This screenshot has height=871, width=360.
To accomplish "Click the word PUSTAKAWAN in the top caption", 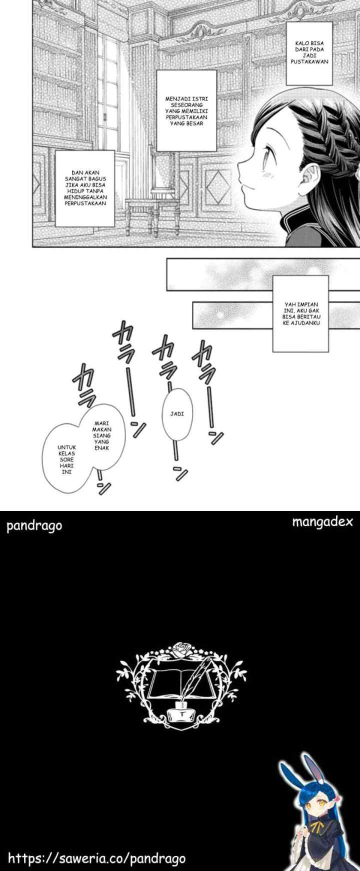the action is tap(309, 62).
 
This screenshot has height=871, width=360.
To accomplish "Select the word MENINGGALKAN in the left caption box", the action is tap(85, 197).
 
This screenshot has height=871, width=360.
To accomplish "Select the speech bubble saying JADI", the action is tap(177, 414).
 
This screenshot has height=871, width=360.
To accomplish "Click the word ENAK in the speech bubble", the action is tap(101, 448).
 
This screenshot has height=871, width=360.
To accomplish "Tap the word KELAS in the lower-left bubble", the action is tap(66, 453).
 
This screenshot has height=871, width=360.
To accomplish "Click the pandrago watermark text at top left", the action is tap(34, 526).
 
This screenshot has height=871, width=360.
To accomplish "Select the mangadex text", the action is tap(322, 522).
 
